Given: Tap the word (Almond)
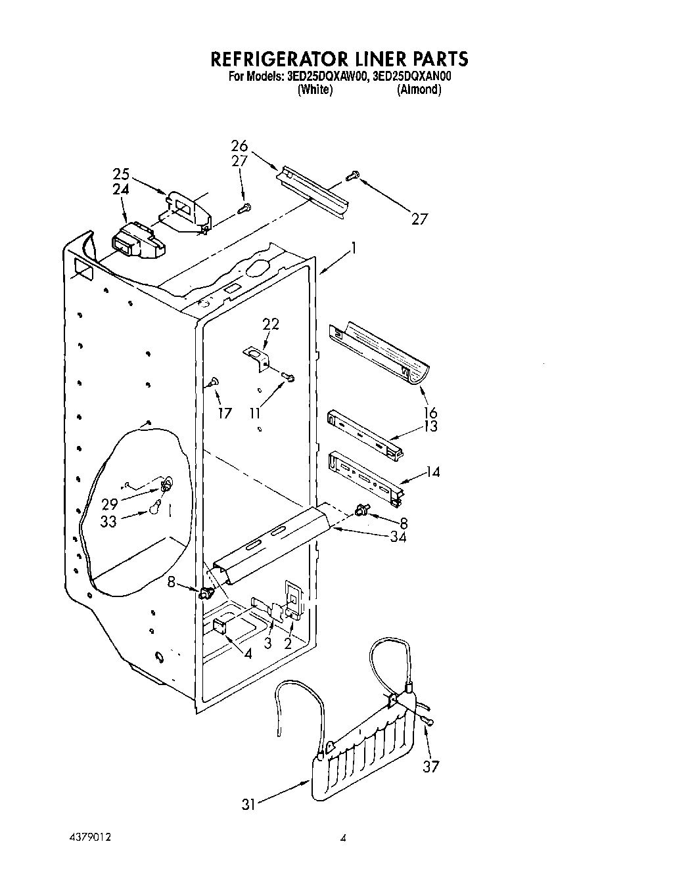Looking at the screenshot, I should tap(419, 90).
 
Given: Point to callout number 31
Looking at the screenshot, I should tap(248, 803).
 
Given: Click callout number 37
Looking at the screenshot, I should tap(430, 767).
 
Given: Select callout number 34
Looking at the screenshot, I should tap(397, 537).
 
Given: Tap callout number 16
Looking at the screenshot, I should tap(431, 412).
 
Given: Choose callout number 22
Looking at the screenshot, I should tap(271, 323).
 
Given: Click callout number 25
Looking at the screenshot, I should tap(121, 175).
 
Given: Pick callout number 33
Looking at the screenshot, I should tap(109, 520).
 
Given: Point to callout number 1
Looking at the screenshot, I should tap(354, 248).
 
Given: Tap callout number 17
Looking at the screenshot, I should tap(225, 413).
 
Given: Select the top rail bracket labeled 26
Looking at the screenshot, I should tap(313, 189).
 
